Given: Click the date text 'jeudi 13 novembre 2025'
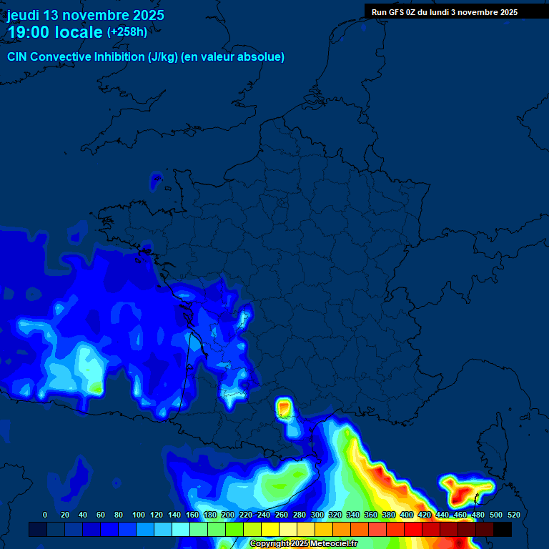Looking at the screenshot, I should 85,15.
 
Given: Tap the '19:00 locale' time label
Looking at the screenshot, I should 55,32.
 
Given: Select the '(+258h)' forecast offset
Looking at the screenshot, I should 127,32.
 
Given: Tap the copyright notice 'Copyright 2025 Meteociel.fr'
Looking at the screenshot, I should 303,544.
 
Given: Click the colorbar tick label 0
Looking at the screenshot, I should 45,515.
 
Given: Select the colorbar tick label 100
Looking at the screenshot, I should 138,515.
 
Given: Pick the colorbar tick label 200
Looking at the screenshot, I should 227,515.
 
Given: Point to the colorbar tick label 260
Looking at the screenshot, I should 281,515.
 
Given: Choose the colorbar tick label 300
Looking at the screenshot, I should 317,515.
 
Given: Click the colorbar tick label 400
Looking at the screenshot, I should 406,515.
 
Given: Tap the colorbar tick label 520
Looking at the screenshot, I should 513,515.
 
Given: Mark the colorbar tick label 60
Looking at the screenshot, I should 100,515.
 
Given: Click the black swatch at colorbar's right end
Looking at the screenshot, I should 503,529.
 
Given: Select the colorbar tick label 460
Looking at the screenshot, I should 460,515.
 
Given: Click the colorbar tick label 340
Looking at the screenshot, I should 352,515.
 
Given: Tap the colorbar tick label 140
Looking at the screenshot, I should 174,515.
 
